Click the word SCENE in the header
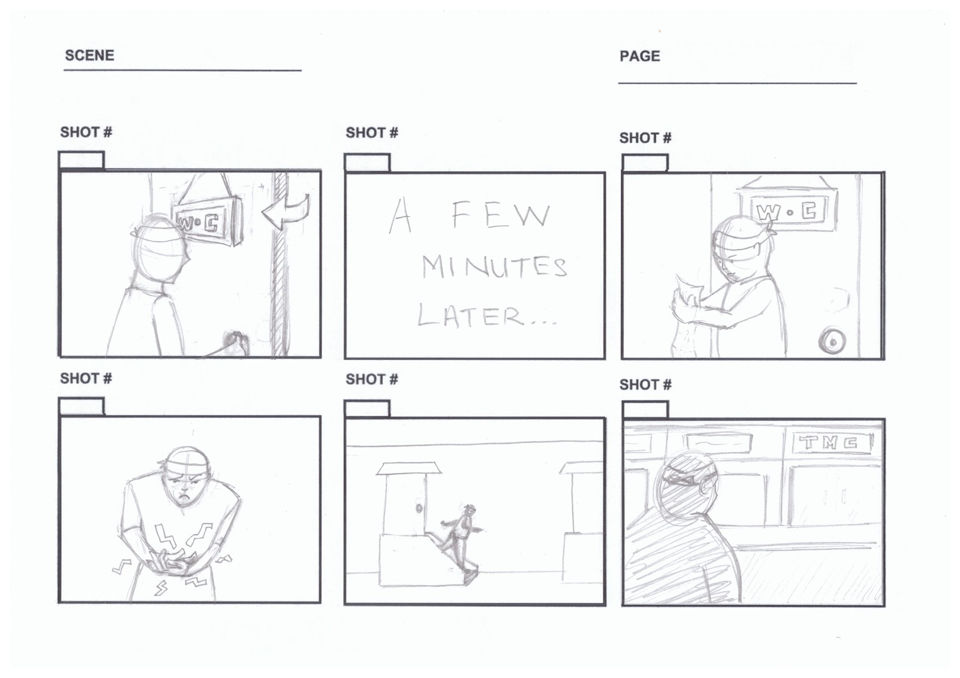[x=89, y=55]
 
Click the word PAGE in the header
[x=640, y=56]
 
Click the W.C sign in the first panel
[x=204, y=222]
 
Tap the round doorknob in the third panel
[x=832, y=342]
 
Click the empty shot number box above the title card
[x=367, y=162]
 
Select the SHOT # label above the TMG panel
[x=645, y=384]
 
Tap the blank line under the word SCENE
[x=182, y=70]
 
